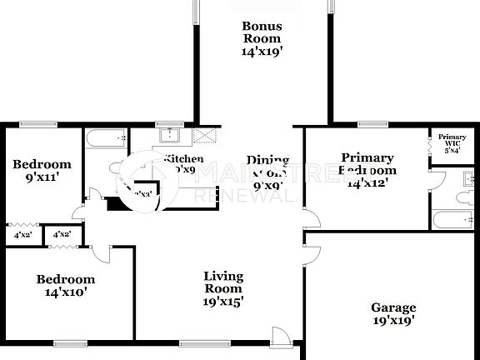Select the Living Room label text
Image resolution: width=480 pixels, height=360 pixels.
coord(224,288)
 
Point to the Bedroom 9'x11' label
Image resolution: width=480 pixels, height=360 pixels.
coord(41,171)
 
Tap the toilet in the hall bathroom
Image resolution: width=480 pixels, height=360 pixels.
coord(117,167)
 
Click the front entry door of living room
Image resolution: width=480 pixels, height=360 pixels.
coord(282,336)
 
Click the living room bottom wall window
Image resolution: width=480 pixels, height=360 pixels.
coord(198,342)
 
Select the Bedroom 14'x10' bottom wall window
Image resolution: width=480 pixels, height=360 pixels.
coord(68,342)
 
